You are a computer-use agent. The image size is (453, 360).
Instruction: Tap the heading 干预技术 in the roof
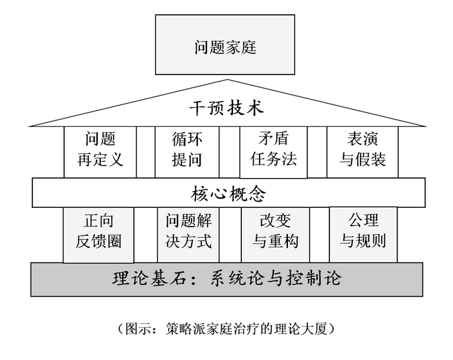point(226,107)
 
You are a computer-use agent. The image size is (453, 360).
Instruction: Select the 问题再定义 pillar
point(100,150)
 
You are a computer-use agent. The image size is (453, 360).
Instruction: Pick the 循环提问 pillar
point(187,150)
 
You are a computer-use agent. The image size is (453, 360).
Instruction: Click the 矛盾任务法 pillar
point(274,150)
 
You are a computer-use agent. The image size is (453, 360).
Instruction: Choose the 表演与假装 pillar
point(362,150)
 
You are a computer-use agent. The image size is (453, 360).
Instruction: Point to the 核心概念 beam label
point(228,193)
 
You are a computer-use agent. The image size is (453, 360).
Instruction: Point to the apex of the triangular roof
point(226,80)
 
